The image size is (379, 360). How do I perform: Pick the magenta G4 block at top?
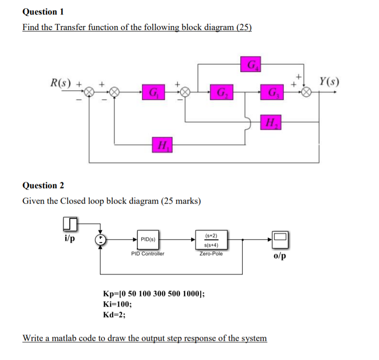coord(250,64)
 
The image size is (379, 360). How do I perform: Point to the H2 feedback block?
coord(270,122)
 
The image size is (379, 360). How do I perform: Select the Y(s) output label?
coord(329,82)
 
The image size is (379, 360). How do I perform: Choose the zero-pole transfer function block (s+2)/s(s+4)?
coord(211,239)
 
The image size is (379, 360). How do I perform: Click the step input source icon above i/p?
coord(69,224)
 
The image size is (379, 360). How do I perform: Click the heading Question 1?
coord(43,11)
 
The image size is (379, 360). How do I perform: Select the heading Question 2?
coord(43,185)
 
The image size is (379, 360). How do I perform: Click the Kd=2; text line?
coord(116,314)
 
